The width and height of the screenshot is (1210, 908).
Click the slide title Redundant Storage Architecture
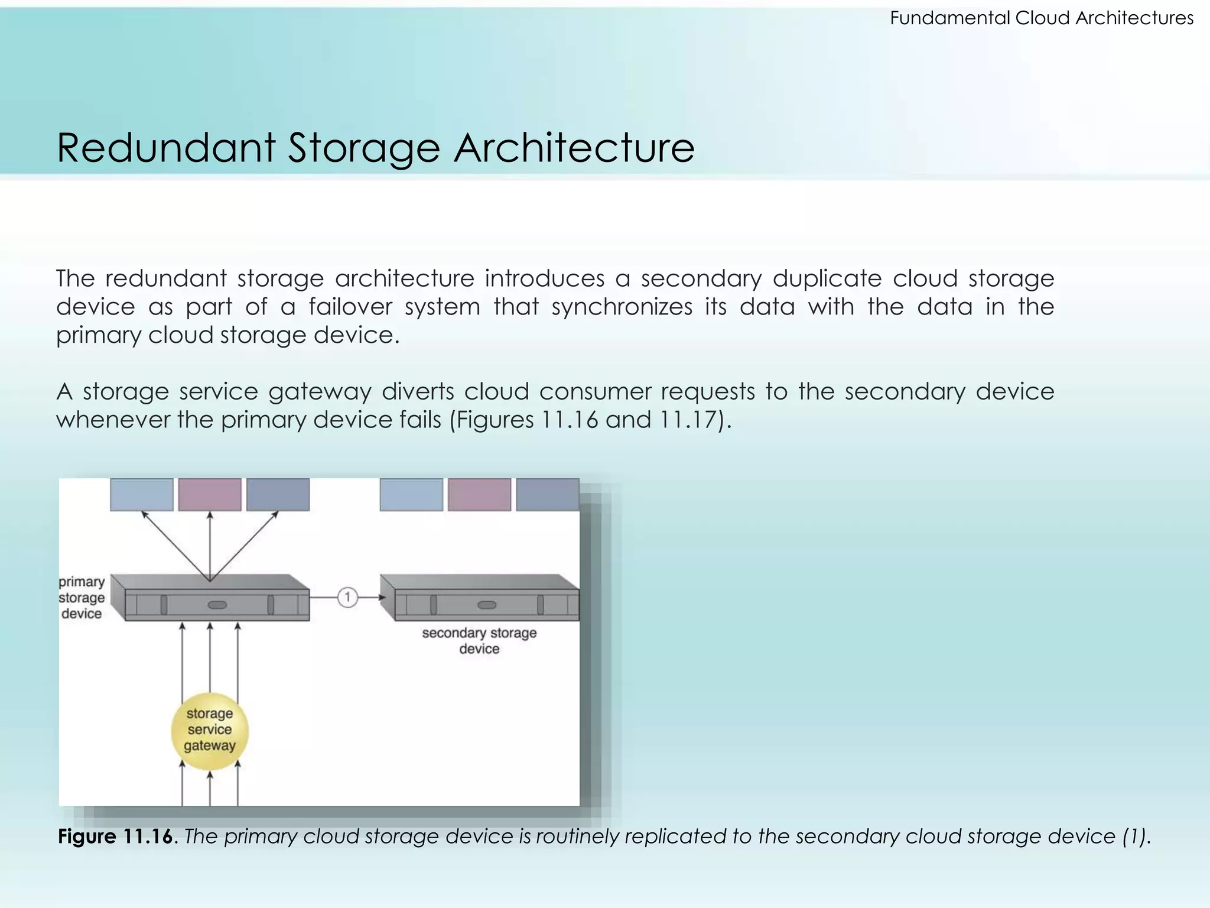point(375,148)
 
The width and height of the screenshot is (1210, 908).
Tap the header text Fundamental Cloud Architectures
point(1041,18)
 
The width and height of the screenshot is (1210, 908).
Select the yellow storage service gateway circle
point(210,731)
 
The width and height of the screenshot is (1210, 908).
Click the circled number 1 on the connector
point(347,598)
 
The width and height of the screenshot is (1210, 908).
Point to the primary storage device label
point(82,598)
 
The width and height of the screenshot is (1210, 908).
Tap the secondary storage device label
point(479,641)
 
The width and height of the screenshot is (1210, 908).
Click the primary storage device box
point(213,598)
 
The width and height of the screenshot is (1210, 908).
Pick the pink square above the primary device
point(210,495)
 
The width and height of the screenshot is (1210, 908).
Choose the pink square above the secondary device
point(479,495)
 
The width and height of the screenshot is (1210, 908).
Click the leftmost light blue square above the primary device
point(142,495)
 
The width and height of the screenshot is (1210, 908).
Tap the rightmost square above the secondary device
point(547,495)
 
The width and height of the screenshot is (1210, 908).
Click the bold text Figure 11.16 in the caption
point(116,836)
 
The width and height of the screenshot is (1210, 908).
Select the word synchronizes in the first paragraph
point(622,307)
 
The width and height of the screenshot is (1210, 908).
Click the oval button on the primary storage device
point(217,605)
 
